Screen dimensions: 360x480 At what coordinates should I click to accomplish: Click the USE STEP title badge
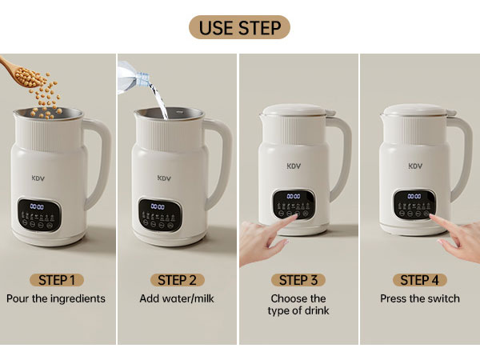tap(240, 27)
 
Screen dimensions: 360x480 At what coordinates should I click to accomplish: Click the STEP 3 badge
tap(298, 280)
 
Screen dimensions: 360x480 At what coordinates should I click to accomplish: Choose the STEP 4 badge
tap(419, 280)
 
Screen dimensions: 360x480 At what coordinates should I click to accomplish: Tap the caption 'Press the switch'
tap(419, 298)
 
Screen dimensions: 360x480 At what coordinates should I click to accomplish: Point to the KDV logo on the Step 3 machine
tap(293, 167)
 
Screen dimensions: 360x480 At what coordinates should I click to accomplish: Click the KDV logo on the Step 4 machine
tap(415, 166)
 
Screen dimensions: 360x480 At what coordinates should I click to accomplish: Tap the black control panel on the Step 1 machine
tap(38, 213)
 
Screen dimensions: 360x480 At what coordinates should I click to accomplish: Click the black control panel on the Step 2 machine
tap(159, 211)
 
